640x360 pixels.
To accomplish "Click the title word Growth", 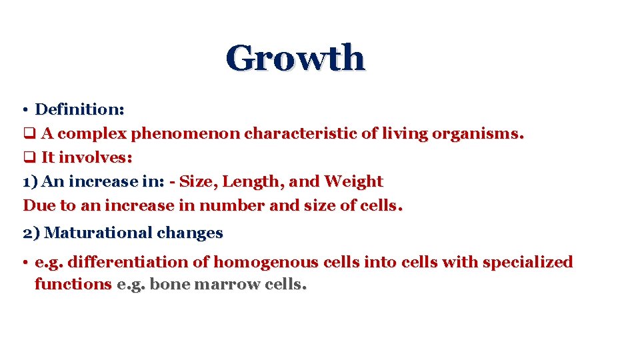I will (295, 58).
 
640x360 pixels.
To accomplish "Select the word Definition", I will (78, 109).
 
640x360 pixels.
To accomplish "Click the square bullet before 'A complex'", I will (28, 133).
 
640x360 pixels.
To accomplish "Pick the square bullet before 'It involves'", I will (28, 158).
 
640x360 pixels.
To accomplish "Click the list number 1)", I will (31, 181).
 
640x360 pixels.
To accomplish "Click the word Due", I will (36, 205).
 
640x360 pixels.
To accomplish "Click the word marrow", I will (227, 284).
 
